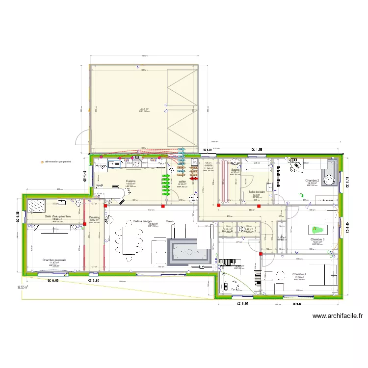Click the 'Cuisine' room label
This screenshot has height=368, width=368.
(x=130, y=181)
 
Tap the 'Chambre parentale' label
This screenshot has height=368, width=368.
(x=54, y=260)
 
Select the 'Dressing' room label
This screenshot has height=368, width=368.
(x=95, y=217)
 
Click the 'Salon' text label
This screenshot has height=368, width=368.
(x=170, y=221)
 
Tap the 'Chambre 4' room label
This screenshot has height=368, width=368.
(x=299, y=274)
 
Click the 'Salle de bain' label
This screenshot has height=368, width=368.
(x=257, y=192)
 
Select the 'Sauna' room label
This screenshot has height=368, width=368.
(x=235, y=170)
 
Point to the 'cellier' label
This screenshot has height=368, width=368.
(x=182, y=181)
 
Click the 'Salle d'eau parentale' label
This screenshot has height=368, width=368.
(x=58, y=216)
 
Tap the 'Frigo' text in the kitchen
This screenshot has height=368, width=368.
(x=101, y=166)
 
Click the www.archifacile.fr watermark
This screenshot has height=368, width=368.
(x=337, y=316)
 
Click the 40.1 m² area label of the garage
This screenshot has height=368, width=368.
(x=144, y=109)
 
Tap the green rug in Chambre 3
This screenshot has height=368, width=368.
(x=316, y=229)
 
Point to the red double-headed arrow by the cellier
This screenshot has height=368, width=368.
(x=194, y=179)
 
